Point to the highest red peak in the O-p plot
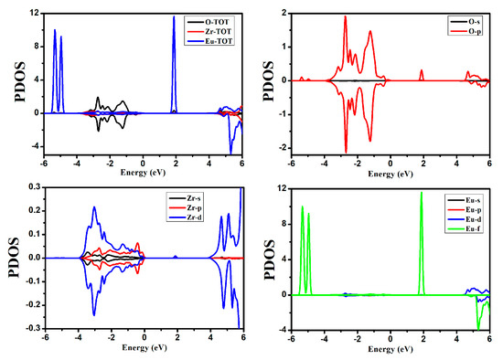click(x=346, y=16)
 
